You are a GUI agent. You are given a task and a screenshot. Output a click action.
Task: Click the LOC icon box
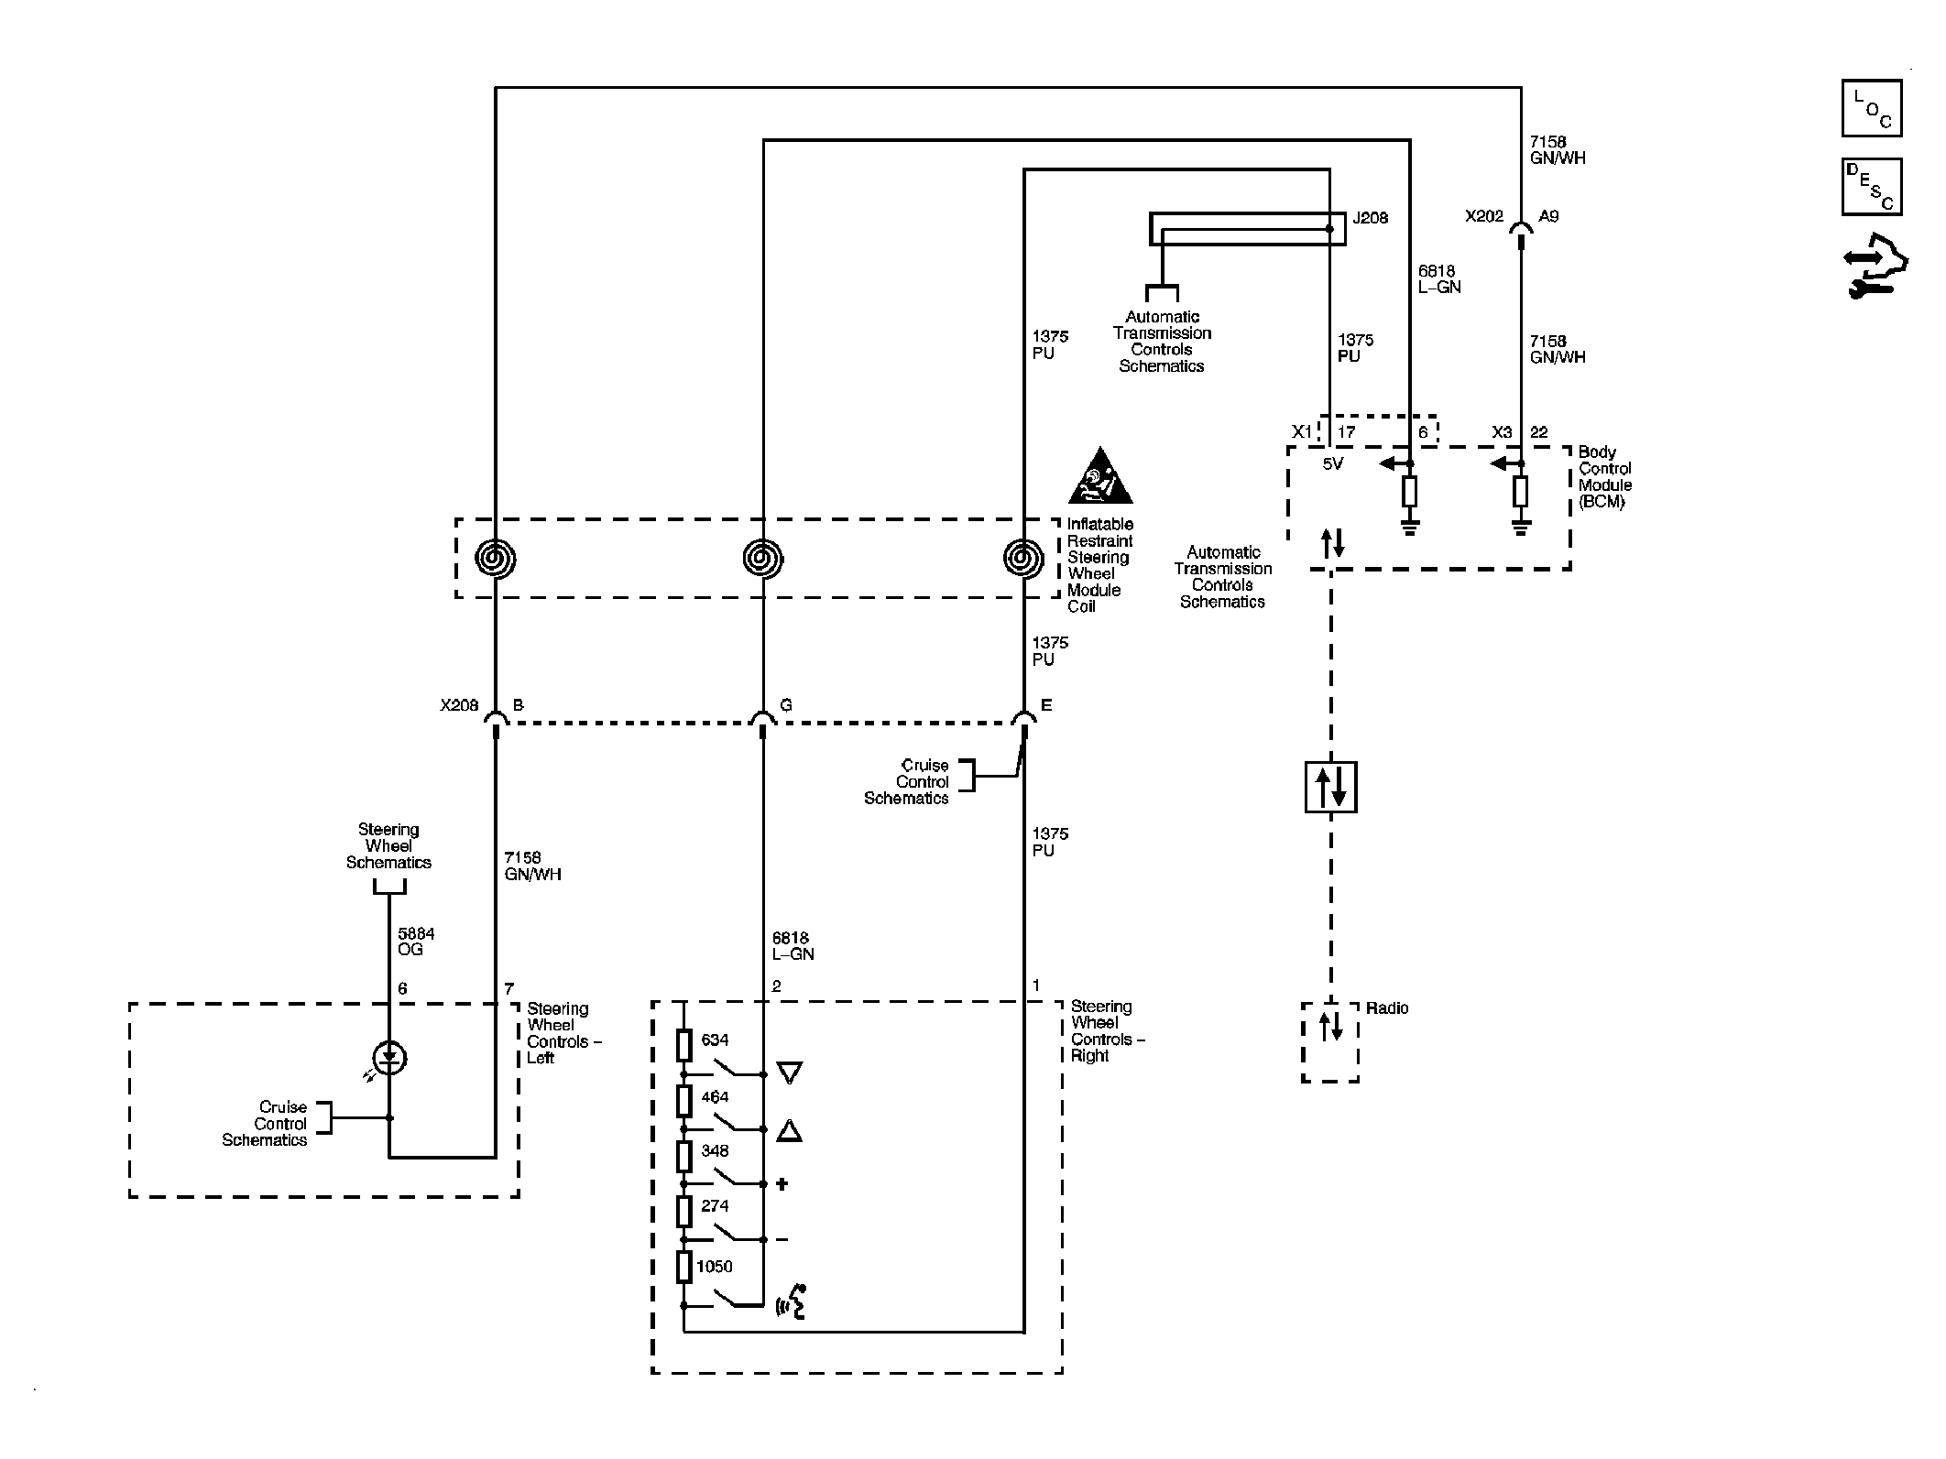[x=1871, y=109]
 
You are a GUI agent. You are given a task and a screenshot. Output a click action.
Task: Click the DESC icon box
[x=1871, y=187]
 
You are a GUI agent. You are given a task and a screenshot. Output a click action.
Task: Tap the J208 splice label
[x=1370, y=218]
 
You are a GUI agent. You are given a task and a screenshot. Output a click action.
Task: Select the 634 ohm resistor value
[x=715, y=1040]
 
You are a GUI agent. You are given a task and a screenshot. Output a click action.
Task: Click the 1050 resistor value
[x=715, y=1267]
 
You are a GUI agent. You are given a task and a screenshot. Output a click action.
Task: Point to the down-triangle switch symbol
[x=789, y=1072]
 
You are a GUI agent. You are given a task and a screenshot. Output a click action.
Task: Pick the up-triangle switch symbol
[x=789, y=1131]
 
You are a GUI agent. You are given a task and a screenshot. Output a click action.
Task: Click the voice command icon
[x=792, y=1302]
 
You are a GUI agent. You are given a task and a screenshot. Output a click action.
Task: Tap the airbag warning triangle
[x=1099, y=478]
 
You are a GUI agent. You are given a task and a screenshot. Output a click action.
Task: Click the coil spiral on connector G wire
[x=762, y=558]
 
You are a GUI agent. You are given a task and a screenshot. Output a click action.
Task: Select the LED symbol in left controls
[x=390, y=1058]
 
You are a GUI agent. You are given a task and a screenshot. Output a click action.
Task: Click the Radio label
[x=1387, y=1008]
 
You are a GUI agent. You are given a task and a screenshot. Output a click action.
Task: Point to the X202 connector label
[x=1484, y=217]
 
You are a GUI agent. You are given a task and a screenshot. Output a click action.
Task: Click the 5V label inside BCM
[x=1333, y=464]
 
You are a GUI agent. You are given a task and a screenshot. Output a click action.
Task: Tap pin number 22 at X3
[x=1539, y=432]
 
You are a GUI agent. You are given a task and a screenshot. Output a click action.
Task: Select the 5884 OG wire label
[x=416, y=942]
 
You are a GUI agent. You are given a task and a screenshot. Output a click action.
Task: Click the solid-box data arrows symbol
[x=1330, y=787]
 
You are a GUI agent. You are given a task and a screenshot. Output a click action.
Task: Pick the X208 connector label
[x=459, y=705]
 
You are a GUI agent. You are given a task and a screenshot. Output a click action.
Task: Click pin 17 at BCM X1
[x=1346, y=432]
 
